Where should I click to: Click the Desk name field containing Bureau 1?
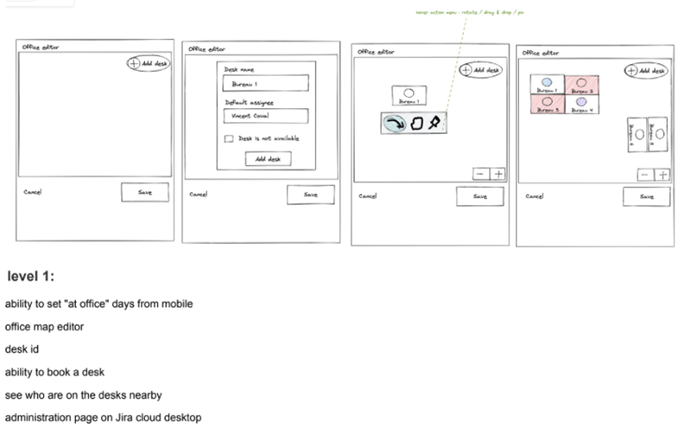(265, 83)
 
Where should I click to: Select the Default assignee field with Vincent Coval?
(265, 116)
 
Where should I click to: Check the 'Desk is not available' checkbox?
(228, 138)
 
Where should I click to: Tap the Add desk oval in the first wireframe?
(148, 63)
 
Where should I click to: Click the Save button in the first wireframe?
(143, 193)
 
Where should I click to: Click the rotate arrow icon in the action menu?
(394, 124)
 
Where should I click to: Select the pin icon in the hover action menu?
(434, 124)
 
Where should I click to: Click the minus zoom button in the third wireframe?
(480, 174)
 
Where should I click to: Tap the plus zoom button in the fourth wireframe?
(662, 175)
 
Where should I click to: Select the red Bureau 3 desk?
(547, 104)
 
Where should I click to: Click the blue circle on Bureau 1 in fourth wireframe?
(547, 80)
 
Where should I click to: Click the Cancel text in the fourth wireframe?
(534, 195)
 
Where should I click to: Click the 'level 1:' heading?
(31, 276)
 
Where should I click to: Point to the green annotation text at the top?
(458, 10)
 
